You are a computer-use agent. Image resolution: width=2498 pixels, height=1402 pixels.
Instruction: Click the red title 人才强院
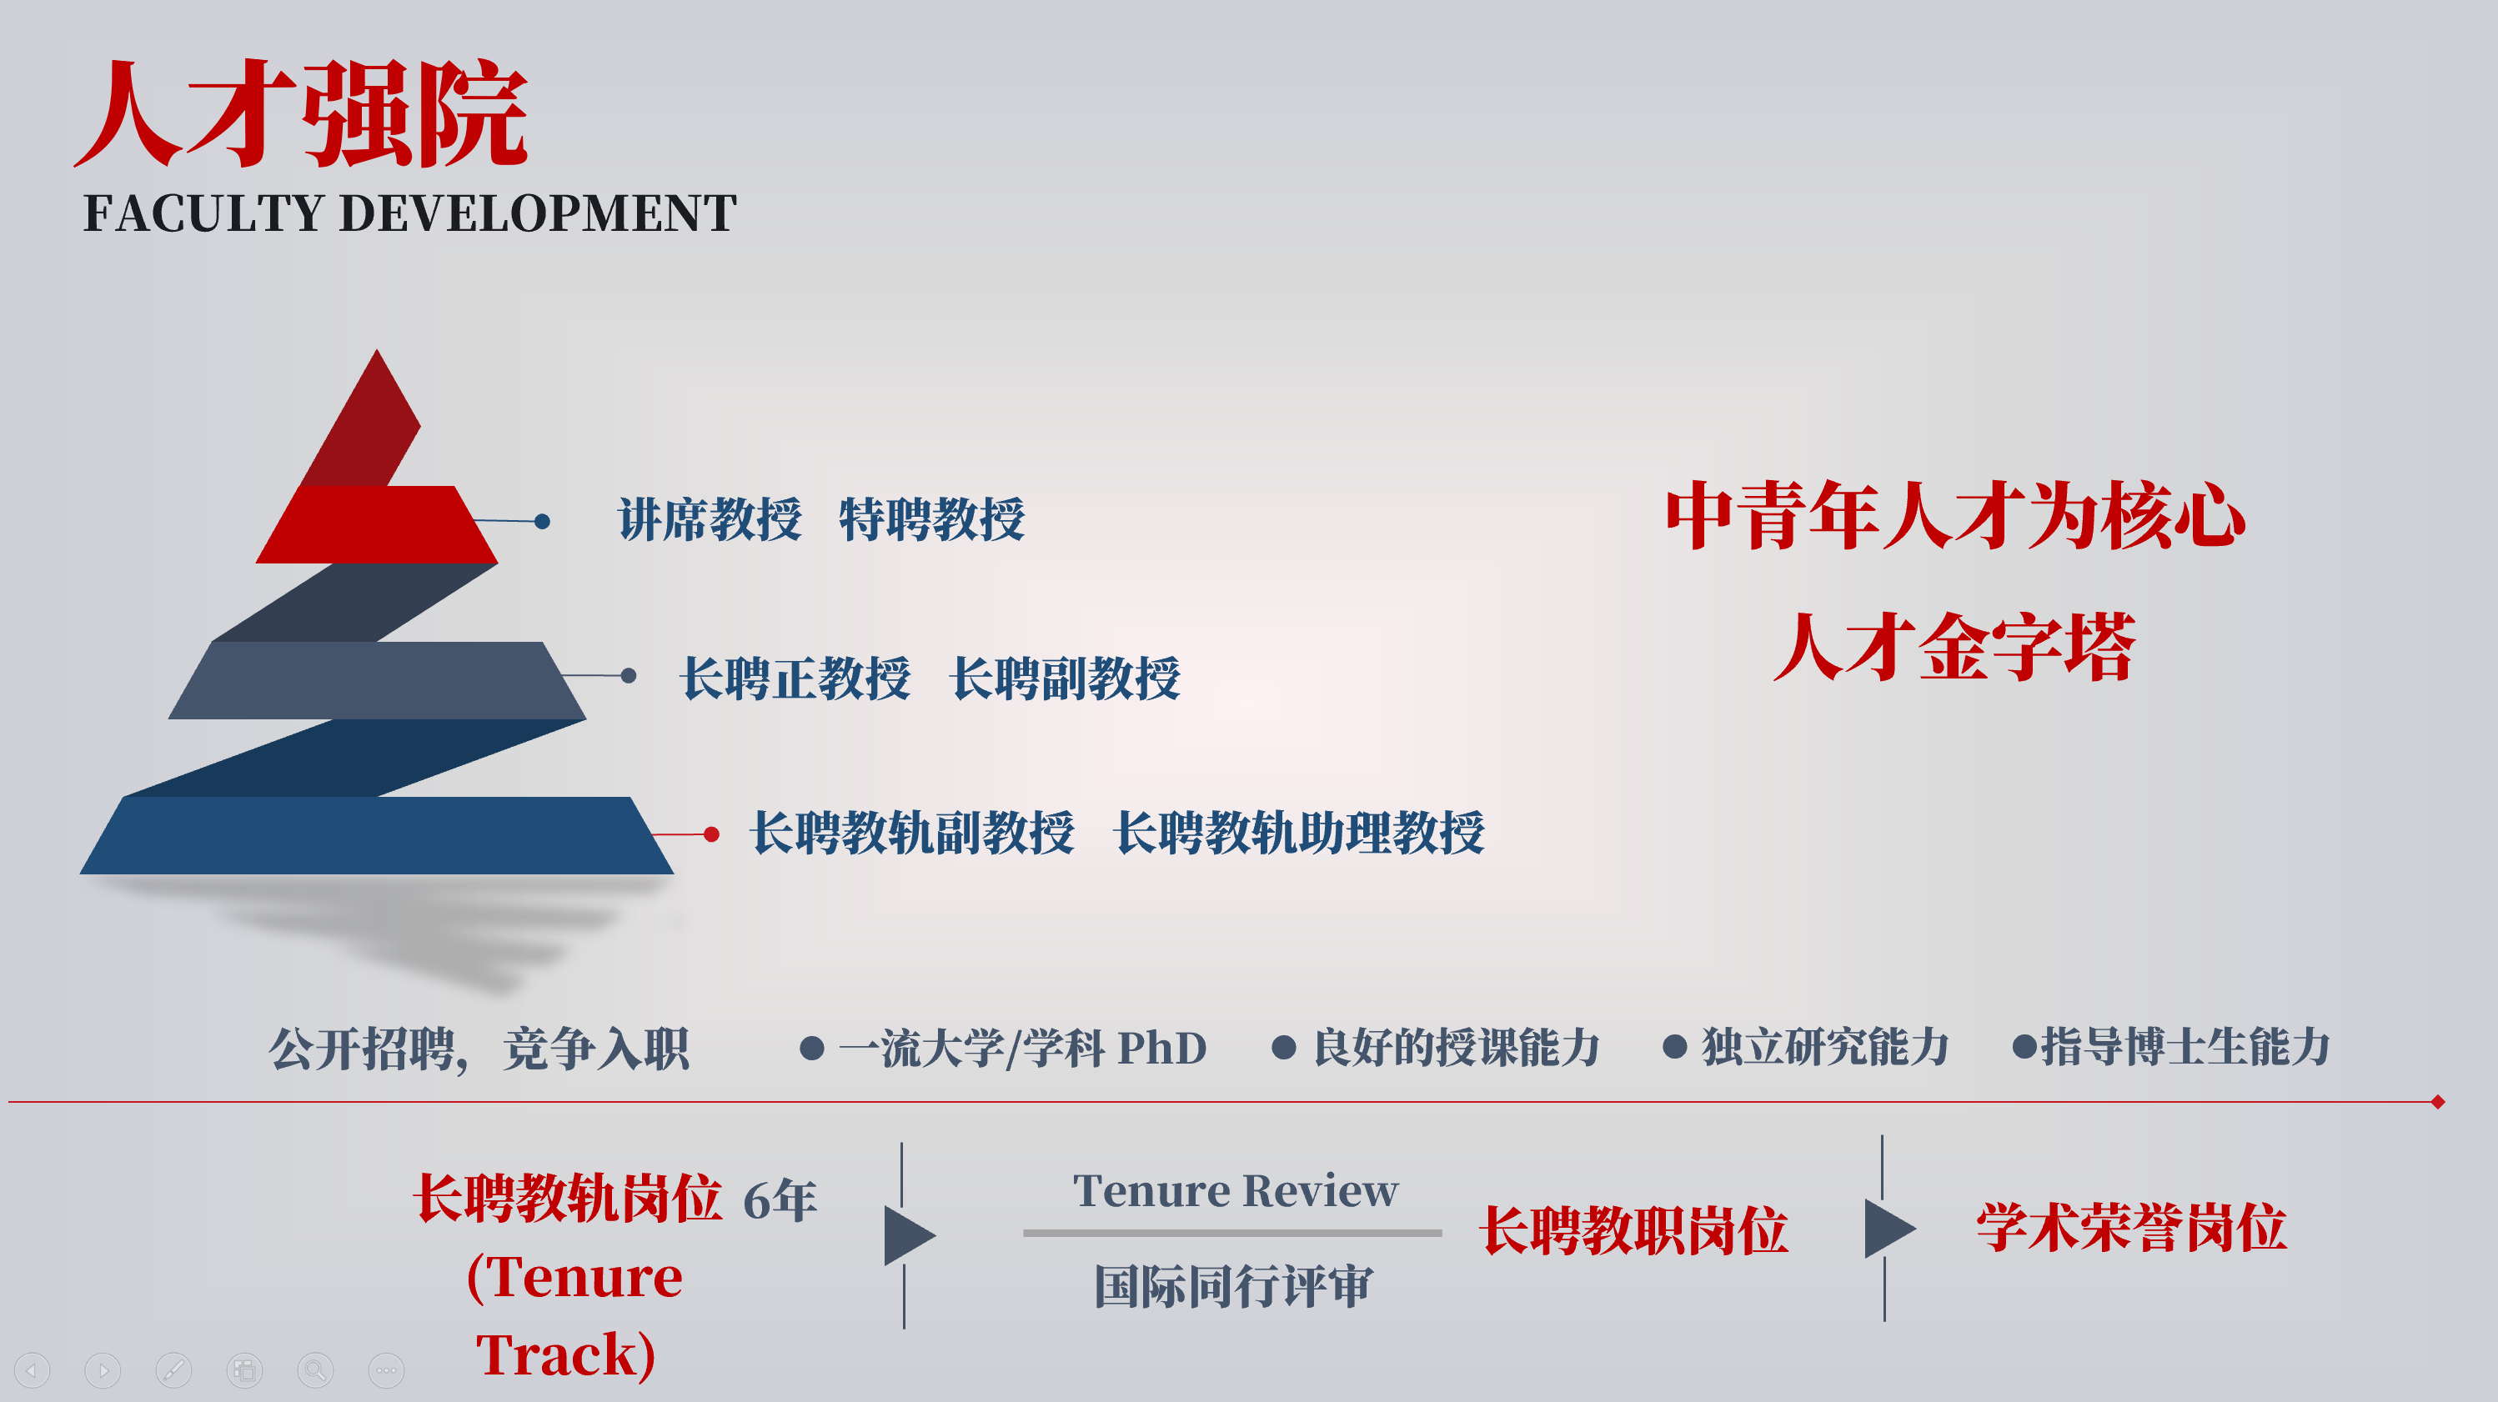(302, 113)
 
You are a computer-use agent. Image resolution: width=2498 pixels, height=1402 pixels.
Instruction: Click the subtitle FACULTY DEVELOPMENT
(410, 213)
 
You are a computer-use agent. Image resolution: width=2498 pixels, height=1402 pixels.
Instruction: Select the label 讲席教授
(710, 519)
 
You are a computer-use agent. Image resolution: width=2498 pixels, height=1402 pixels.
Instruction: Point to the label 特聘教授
(932, 519)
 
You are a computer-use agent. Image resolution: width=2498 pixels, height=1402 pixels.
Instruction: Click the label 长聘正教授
(796, 678)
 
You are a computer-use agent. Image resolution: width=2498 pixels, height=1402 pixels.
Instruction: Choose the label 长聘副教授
(1066, 678)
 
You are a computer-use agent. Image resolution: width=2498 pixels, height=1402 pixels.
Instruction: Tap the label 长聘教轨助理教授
(1299, 833)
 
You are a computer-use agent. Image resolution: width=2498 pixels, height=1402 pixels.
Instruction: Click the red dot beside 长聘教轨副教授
(712, 834)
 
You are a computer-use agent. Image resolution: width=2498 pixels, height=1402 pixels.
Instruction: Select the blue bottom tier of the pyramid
(376, 836)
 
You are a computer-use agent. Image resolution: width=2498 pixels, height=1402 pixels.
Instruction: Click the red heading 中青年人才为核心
(1955, 516)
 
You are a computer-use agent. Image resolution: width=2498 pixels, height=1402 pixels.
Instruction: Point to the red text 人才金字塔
(1955, 647)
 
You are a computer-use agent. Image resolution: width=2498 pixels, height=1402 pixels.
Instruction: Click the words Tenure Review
(1236, 1190)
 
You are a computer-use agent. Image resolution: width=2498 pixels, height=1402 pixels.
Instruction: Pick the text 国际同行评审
(1233, 1287)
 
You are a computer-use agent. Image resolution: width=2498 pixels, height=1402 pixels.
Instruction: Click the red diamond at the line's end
(2438, 1101)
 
